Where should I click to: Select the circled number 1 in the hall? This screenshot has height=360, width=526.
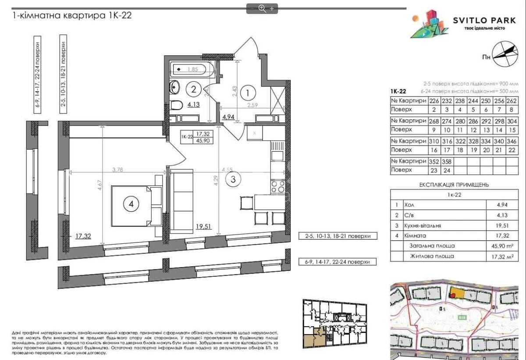tap(248, 93)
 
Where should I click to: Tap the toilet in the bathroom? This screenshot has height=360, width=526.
tap(177, 105)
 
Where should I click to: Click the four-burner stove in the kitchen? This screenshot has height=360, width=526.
tap(278, 186)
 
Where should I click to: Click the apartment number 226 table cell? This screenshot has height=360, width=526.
tap(434, 100)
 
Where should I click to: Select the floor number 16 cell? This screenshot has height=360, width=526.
tap(434, 150)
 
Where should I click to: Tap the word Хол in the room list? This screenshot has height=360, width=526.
tap(409, 204)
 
